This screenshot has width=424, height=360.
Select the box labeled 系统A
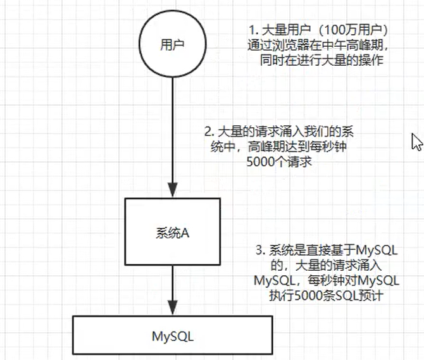coord(173,232)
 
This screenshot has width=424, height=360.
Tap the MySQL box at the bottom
coord(173,336)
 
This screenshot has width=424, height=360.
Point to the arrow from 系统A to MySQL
coord(173,288)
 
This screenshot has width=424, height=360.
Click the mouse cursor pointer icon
coord(416,142)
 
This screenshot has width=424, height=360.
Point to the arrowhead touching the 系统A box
coord(173,191)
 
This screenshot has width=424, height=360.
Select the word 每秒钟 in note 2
coord(333,147)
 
